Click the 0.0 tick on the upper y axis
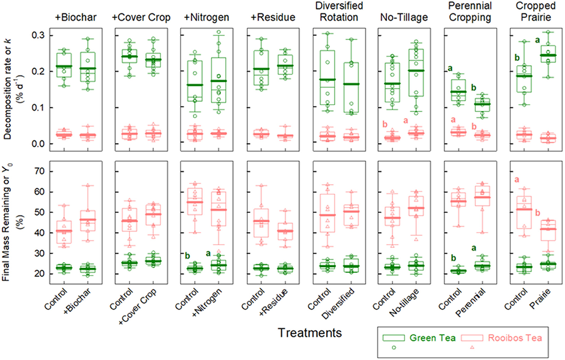click(39, 144)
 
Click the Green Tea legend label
click(433, 338)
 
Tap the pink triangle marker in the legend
click(472, 348)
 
